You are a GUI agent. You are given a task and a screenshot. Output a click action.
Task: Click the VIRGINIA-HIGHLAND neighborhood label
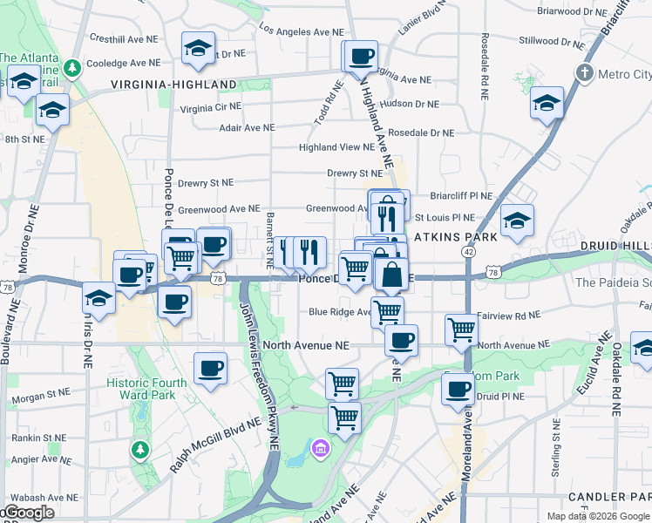coord(173,85)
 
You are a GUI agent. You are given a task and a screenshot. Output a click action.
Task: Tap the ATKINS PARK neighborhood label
coord(456,237)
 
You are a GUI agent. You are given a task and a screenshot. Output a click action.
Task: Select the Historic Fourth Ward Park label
coord(146,389)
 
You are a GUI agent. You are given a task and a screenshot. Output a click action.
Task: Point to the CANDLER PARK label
coord(609,497)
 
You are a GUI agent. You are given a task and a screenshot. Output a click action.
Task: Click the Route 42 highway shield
coord(469,251)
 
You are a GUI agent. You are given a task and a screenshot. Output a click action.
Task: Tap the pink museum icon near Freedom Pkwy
coord(321,448)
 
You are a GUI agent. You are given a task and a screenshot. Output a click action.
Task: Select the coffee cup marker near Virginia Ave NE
coord(360,58)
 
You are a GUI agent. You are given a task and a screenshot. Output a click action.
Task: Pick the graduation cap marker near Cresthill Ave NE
coord(199,49)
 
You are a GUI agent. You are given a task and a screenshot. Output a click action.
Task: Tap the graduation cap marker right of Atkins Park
coord(517,220)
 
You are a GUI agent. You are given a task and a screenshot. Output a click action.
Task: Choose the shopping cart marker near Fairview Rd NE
coord(461,329)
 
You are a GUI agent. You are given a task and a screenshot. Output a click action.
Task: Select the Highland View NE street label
coord(336,147)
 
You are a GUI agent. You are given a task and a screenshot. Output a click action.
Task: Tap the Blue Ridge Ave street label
coord(341,311)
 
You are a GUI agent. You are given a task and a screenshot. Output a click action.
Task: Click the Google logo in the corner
coord(28,513)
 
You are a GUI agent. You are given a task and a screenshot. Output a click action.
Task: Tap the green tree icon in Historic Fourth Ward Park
coord(139,450)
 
